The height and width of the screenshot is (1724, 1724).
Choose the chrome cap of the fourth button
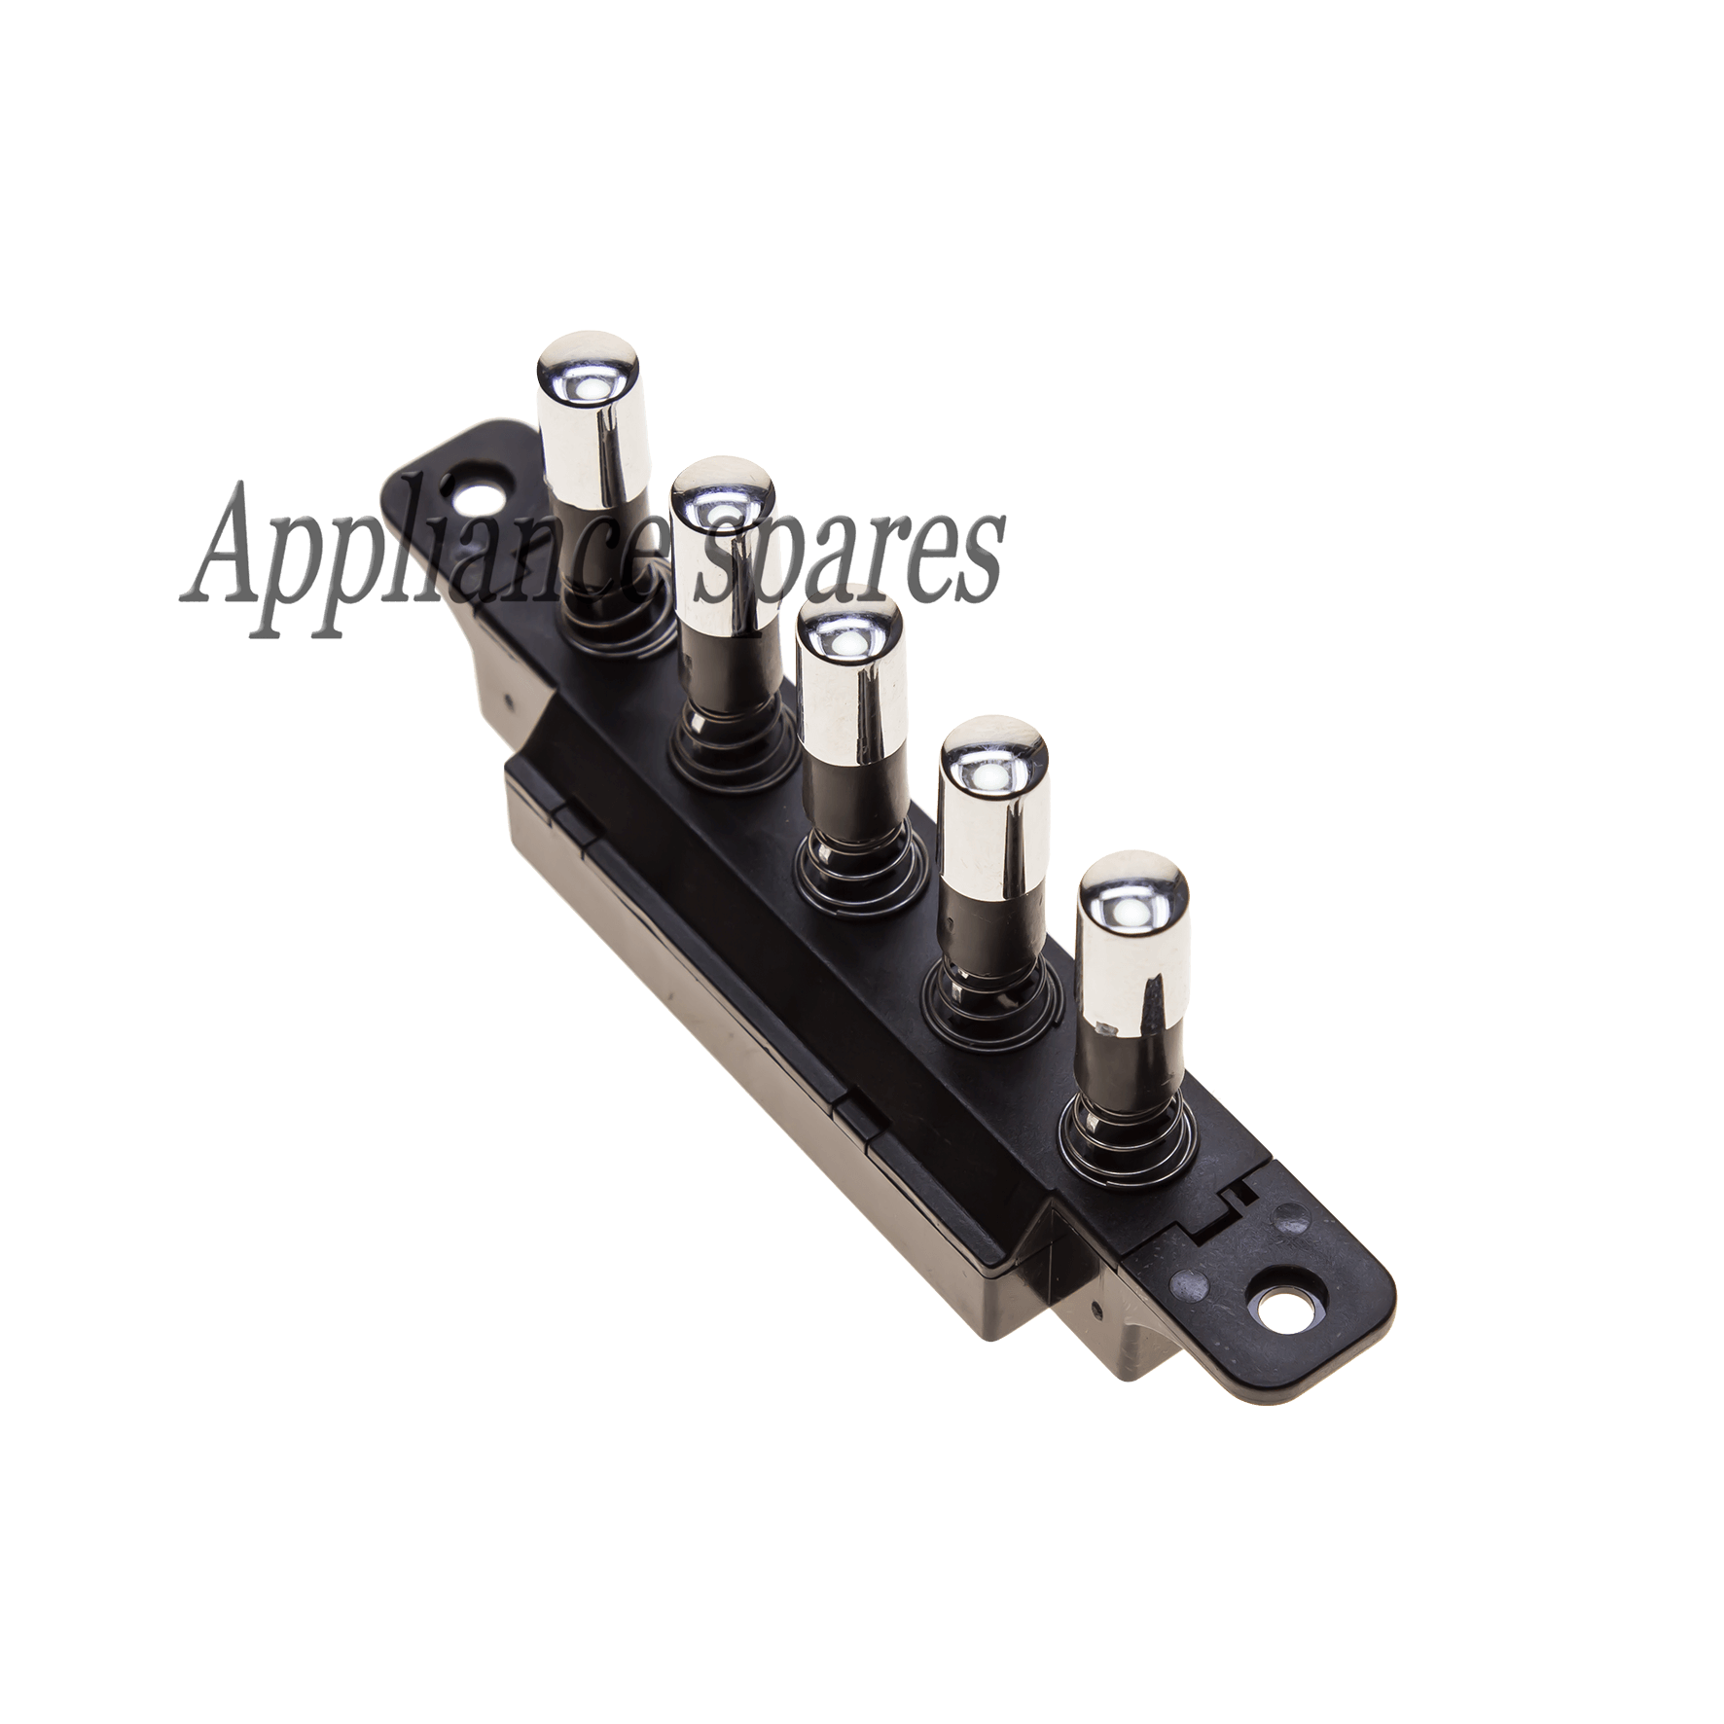993,801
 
